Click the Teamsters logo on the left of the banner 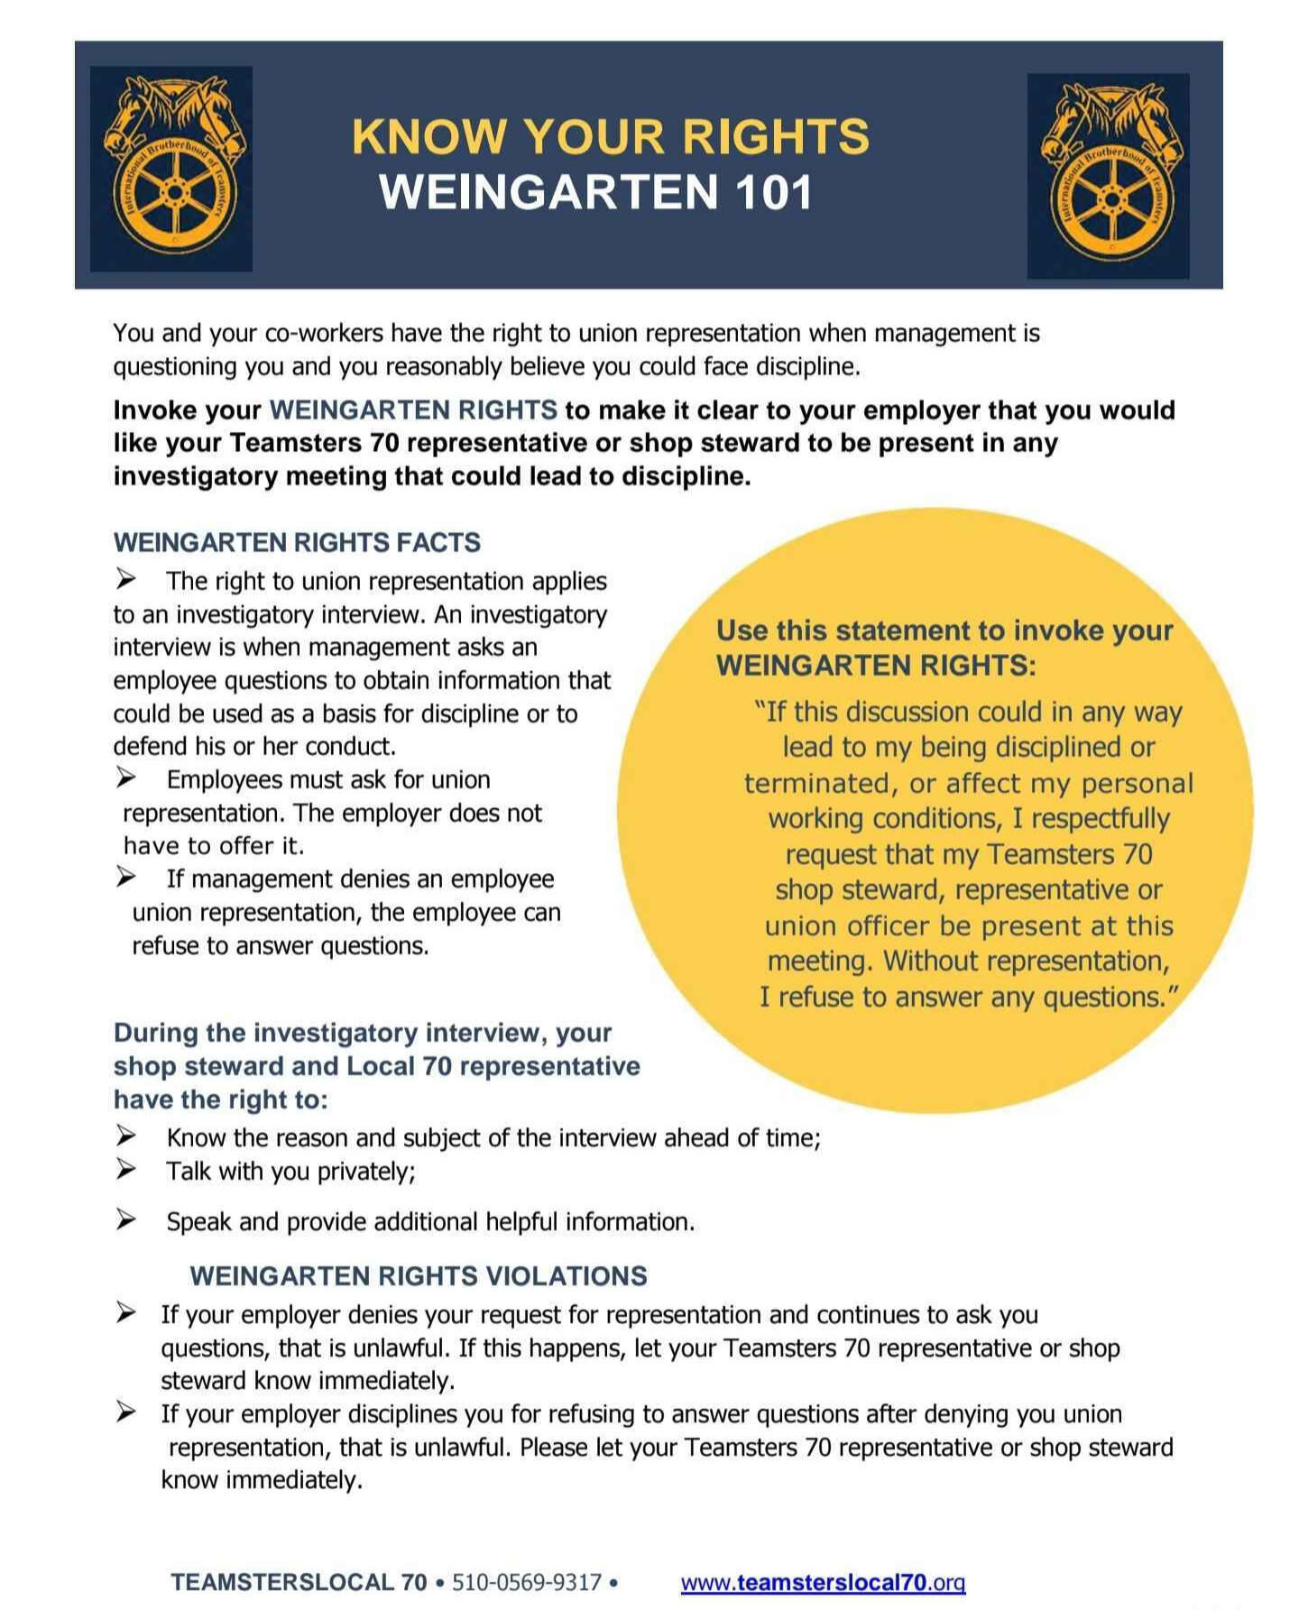click(x=171, y=169)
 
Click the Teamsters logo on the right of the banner click(x=1108, y=176)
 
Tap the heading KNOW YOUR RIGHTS click(x=611, y=137)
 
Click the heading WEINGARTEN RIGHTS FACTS click(x=297, y=542)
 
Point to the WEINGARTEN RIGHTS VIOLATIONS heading click(x=419, y=1275)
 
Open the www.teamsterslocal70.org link click(x=823, y=1582)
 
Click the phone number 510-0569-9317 click(x=527, y=1582)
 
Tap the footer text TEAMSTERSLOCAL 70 click(x=299, y=1582)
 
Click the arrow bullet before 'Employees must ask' click(x=125, y=777)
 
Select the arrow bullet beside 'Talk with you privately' click(x=125, y=1170)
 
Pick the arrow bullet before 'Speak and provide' click(x=125, y=1219)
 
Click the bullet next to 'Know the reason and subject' click(x=125, y=1136)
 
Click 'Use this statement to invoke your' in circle click(x=944, y=630)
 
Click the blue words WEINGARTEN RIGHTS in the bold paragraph click(x=413, y=410)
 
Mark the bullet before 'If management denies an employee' click(x=125, y=877)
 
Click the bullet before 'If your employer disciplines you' click(x=125, y=1412)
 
